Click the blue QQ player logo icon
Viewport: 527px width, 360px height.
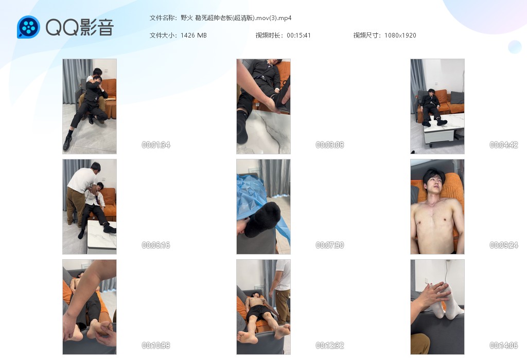click(x=29, y=27)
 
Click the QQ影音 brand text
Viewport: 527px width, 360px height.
click(x=80, y=27)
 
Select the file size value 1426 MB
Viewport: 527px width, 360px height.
click(x=194, y=35)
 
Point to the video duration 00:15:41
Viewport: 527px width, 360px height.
click(x=299, y=35)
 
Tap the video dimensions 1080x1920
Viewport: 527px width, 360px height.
click(x=400, y=35)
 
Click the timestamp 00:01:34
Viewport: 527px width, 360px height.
click(x=156, y=145)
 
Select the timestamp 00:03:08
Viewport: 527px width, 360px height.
click(x=330, y=145)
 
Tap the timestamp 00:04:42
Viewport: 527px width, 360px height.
click(x=504, y=145)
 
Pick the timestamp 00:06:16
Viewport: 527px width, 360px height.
click(x=156, y=245)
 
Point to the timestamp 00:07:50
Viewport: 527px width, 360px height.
click(x=330, y=245)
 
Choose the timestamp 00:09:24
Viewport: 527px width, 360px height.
click(x=504, y=245)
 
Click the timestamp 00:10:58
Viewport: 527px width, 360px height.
click(x=156, y=345)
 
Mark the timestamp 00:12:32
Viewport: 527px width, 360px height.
click(x=330, y=345)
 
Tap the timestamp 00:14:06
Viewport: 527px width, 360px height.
click(x=504, y=345)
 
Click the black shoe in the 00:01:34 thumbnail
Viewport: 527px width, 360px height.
click(x=67, y=143)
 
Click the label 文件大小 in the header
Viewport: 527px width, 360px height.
click(x=163, y=35)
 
